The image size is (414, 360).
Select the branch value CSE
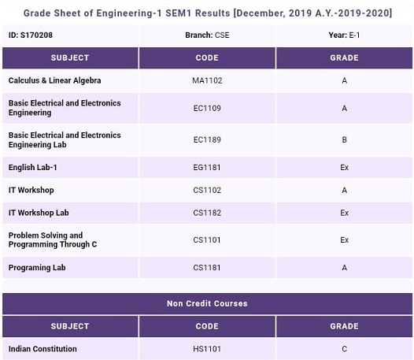[222, 35]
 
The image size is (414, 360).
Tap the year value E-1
[354, 35]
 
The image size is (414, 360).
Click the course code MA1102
[207, 80]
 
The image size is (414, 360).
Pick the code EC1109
[207, 108]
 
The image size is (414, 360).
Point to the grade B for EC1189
[344, 139]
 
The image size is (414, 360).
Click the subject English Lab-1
[33, 167]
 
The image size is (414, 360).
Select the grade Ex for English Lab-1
[344, 167]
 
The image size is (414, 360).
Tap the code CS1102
[207, 190]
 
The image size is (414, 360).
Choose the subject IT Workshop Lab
[39, 213]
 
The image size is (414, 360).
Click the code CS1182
[207, 213]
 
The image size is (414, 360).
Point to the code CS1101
[207, 240]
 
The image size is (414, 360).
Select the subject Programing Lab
[37, 268]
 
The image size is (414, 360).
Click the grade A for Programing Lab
[344, 268]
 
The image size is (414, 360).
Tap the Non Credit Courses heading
[207, 303]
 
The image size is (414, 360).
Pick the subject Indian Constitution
[43, 349]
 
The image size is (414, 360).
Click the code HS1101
[207, 349]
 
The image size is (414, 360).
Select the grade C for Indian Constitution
[344, 349]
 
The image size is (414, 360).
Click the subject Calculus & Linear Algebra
[54, 80]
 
